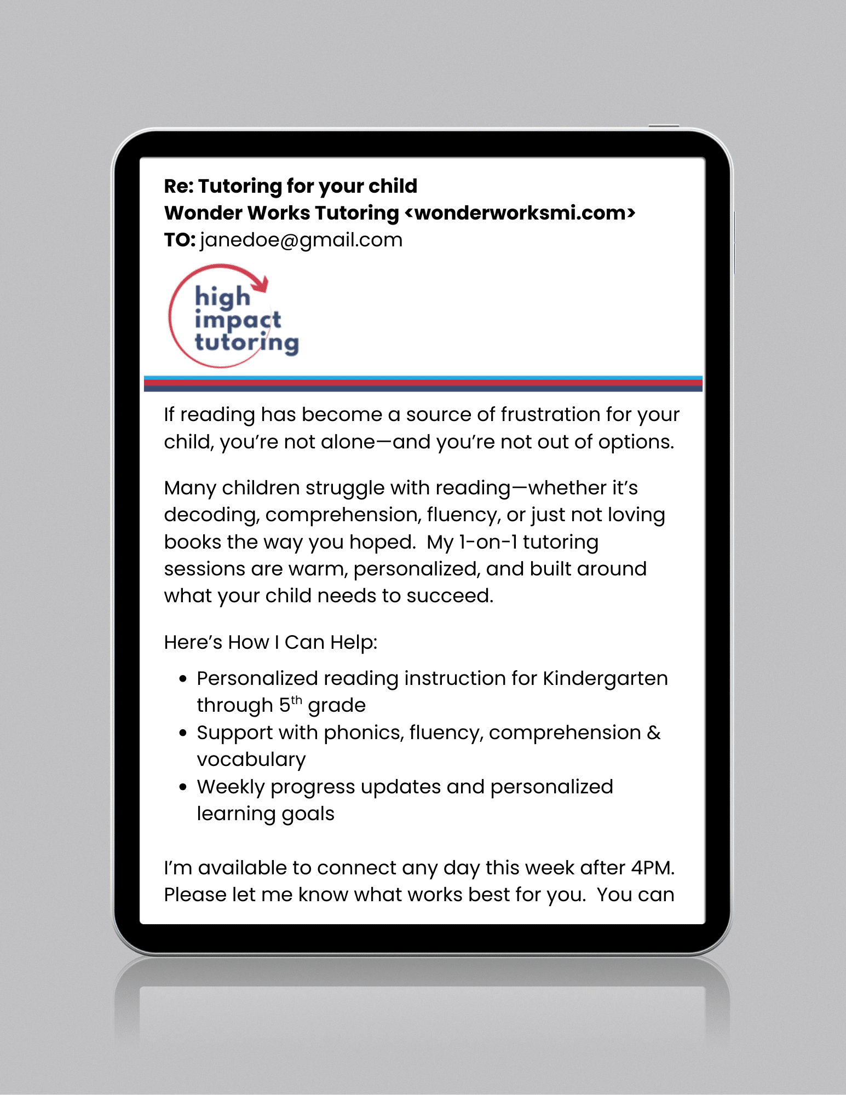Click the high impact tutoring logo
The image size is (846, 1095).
coord(234,316)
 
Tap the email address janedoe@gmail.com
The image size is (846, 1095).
coord(301,240)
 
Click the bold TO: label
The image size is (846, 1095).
coord(179,240)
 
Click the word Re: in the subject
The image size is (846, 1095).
coord(179,186)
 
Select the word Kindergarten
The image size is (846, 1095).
coord(605,678)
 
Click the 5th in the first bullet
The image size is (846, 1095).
coord(290,704)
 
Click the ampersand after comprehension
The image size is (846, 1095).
coord(654,733)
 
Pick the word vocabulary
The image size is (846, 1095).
coord(251,760)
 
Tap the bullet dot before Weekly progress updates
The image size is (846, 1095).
coord(183,787)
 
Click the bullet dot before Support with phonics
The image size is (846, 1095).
coord(183,733)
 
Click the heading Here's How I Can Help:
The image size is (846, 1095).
coord(271,642)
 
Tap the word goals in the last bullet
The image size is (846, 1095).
coord(308,814)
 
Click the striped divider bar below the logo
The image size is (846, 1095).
coord(423,384)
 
